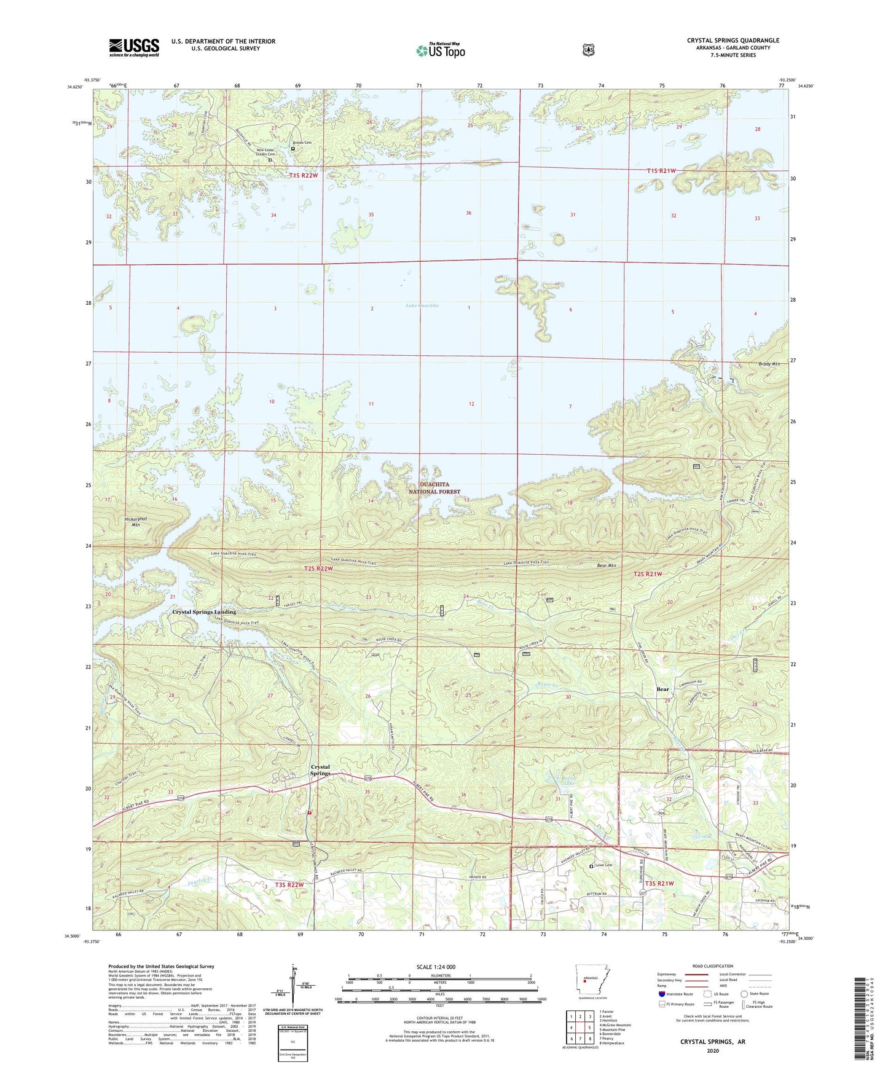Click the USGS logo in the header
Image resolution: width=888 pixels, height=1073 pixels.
(134, 47)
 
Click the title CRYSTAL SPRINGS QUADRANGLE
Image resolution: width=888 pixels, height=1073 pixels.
(733, 41)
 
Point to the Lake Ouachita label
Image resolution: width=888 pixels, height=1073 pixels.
(422, 305)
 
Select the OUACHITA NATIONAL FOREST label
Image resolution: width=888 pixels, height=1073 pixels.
(434, 488)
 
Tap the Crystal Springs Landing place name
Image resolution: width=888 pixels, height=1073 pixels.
(204, 612)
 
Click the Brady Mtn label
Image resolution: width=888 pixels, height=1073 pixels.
(769, 364)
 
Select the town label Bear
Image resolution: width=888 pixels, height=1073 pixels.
(662, 689)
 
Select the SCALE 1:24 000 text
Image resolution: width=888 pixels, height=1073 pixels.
(436, 967)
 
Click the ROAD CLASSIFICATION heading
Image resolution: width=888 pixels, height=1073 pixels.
(712, 966)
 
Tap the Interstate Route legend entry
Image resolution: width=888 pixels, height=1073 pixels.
(678, 994)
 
